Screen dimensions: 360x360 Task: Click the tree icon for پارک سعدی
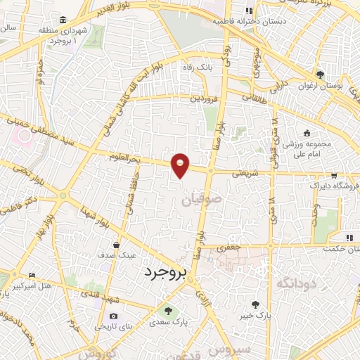[167, 310]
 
